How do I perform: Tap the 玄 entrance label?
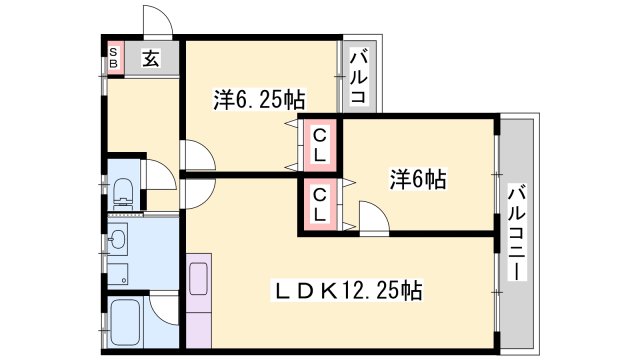pos(149,57)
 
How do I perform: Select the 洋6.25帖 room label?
pos(258,99)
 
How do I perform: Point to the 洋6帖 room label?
pos(418,180)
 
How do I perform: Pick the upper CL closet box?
pos(319,144)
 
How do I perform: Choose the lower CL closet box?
pos(319,205)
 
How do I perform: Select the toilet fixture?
pos(124,192)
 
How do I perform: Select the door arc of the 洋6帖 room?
pos(373,217)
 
